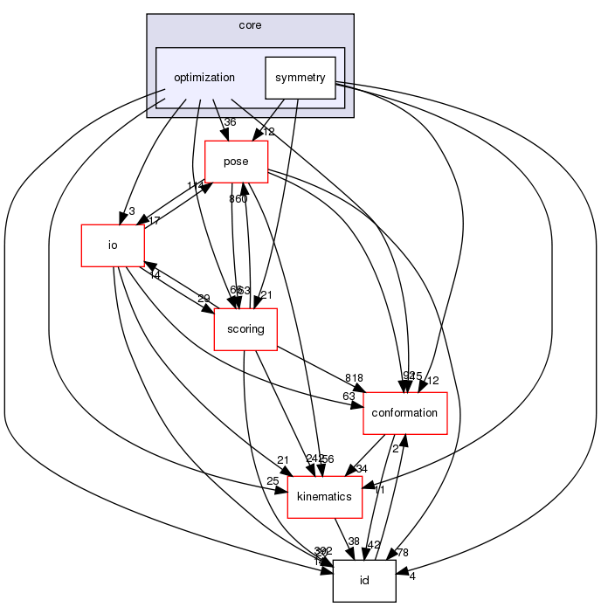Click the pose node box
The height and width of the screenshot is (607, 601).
click(236, 162)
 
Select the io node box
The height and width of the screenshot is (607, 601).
click(112, 245)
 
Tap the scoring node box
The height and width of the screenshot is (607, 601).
click(245, 328)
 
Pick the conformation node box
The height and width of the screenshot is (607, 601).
click(404, 412)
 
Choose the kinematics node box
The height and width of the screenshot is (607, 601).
click(325, 496)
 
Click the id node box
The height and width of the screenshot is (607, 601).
click(364, 581)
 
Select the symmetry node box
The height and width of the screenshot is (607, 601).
click(300, 78)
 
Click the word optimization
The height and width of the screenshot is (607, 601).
click(204, 78)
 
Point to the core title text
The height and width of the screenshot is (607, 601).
click(250, 25)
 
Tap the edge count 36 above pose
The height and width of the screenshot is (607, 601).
click(231, 123)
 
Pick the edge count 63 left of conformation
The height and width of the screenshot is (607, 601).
click(349, 397)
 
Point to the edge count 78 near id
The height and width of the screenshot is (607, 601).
click(402, 552)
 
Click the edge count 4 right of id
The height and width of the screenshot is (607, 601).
click(411, 576)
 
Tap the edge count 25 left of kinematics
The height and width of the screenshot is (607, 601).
click(273, 481)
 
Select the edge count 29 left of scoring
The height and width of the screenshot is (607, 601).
click(204, 299)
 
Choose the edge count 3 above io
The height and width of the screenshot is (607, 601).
click(131, 210)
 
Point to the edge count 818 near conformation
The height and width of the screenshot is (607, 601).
click(354, 377)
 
